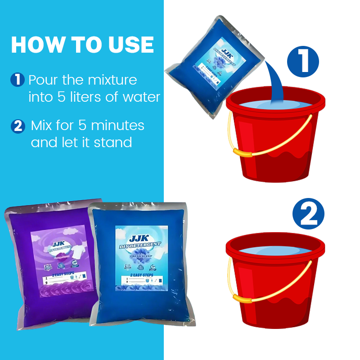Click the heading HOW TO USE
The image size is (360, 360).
(x=82, y=45)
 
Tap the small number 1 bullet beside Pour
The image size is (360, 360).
(x=17, y=81)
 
